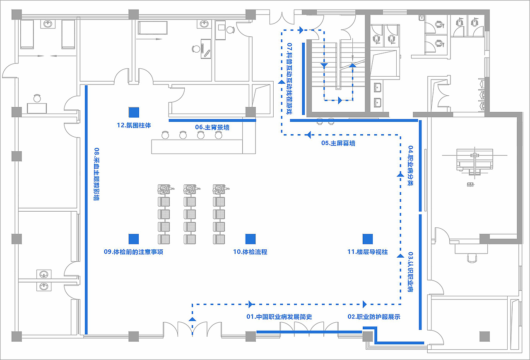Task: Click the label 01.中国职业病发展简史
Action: coord(279,317)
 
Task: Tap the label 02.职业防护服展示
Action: coord(374,317)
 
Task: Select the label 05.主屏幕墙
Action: coord(338,143)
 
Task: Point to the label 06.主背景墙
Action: coord(212,128)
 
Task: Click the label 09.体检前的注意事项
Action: coord(133,252)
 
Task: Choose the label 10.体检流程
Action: coord(250,252)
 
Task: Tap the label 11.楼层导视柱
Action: coord(367,252)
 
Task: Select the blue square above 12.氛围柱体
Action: coord(134,112)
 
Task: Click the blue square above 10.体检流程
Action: coord(251,239)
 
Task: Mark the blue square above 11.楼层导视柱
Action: coord(368,239)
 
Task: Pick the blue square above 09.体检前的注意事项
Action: coord(133,239)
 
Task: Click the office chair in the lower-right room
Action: coord(472,257)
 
